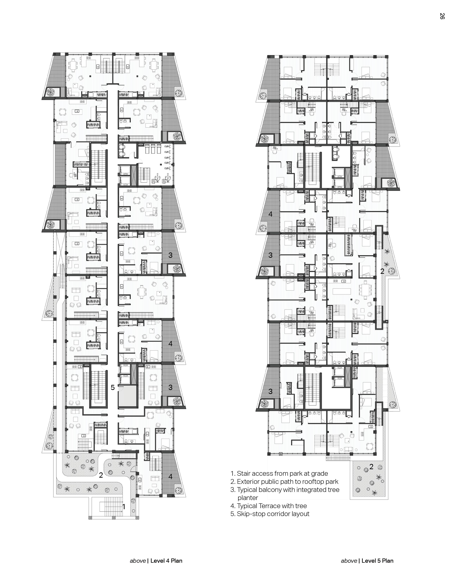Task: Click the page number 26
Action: click(x=442, y=16)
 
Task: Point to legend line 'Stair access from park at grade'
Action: click(x=279, y=474)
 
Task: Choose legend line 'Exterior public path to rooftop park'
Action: click(x=284, y=482)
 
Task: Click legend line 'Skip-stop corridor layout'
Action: click(x=270, y=514)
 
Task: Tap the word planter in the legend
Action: click(x=248, y=498)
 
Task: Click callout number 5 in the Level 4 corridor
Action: click(x=113, y=388)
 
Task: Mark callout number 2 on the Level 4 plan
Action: click(x=101, y=475)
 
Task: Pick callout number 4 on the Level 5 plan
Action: click(x=270, y=214)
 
